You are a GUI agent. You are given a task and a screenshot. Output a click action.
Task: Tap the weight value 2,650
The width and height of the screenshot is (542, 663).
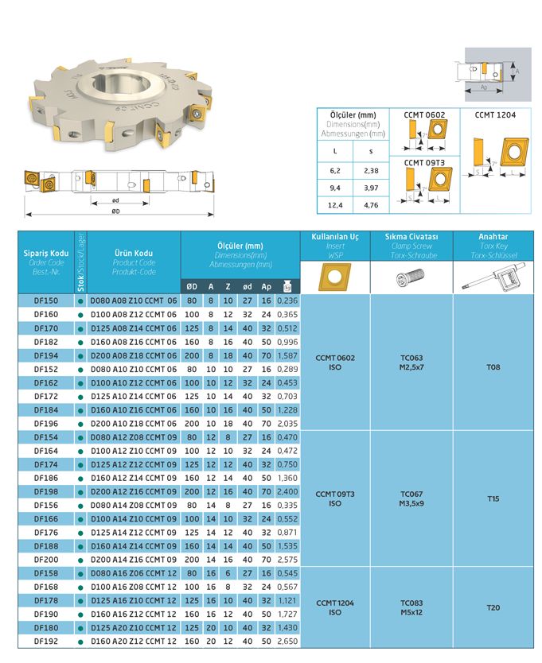[x=287, y=641]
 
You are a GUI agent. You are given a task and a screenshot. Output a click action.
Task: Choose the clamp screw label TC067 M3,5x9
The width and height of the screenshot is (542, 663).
[x=411, y=498]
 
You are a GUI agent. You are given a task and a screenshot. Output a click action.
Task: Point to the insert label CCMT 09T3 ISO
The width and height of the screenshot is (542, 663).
[x=335, y=498]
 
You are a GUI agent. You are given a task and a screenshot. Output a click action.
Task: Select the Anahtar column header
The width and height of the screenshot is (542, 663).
[x=493, y=237]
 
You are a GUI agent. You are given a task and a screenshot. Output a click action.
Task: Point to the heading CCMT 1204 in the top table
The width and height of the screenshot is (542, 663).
[x=495, y=115]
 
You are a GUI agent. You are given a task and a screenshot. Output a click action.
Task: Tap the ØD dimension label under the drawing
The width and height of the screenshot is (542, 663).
[x=116, y=211]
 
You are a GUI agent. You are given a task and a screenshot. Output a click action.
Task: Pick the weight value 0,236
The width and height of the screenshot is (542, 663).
[x=287, y=301]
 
